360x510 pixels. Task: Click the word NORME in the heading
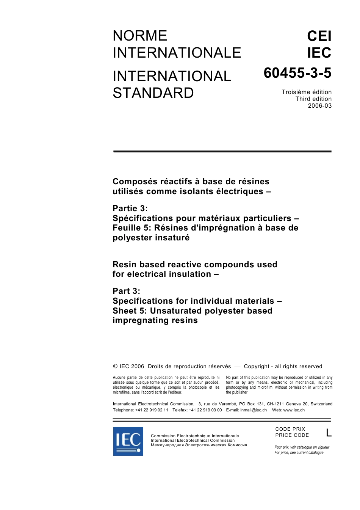tap(140, 36)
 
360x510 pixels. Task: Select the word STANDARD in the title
tap(153, 93)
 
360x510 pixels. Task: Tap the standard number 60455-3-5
tap(297, 73)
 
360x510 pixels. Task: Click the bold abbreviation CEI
tap(319, 36)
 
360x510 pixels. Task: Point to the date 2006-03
tap(319, 106)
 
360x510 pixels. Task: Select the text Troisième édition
tap(307, 92)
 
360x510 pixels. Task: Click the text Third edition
tap(313, 99)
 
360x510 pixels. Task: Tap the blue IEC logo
tap(128, 441)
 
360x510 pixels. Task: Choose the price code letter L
tap(329, 433)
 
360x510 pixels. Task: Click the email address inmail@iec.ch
tap(254, 410)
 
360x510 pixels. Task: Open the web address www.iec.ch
tap(294, 410)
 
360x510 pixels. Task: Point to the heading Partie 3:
tap(130, 209)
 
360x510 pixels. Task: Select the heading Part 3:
tap(126, 291)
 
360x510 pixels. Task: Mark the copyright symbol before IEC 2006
tap(115, 366)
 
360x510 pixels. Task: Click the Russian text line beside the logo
tap(199, 445)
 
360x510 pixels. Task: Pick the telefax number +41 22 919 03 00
tap(205, 410)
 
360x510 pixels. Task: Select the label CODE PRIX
tap(290, 429)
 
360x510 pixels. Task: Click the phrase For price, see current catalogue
tap(299, 452)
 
